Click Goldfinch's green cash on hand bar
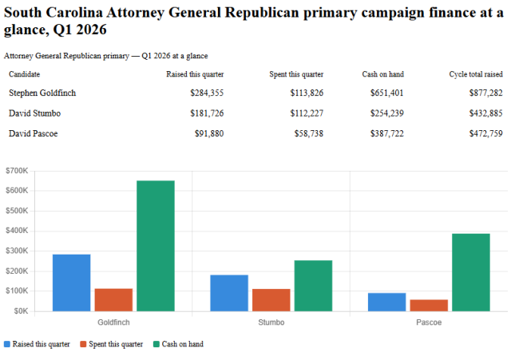tap(155, 246)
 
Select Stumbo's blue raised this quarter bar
tap(228, 293)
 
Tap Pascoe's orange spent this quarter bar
tap(429, 305)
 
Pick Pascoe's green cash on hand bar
tap(471, 272)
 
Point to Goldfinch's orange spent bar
tap(113, 299)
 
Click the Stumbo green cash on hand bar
tap(313, 286)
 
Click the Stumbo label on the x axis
tap(271, 322)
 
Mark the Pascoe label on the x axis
tap(429, 322)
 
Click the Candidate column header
tap(25, 74)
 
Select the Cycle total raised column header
tap(476, 74)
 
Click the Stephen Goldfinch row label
tap(42, 93)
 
